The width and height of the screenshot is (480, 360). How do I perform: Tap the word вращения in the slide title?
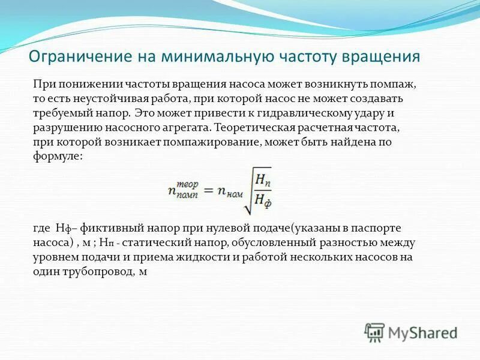(381, 58)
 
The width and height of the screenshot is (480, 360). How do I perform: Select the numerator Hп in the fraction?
(262, 179)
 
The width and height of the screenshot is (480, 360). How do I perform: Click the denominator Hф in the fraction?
(262, 201)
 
